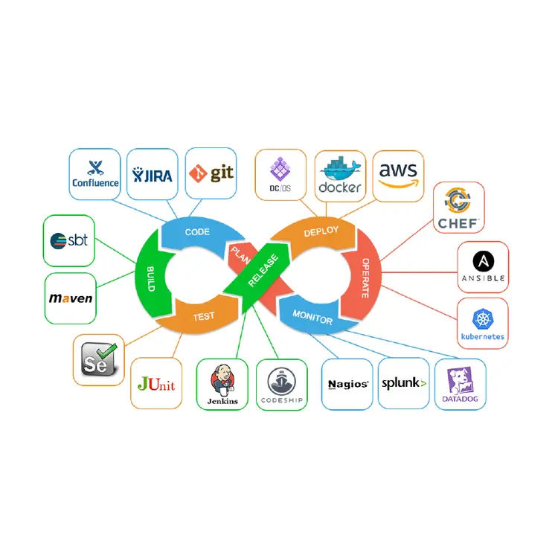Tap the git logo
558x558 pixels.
coord(211,173)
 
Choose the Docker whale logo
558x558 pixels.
coord(339,176)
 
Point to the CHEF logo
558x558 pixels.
coord(459,208)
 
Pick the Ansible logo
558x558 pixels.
coord(484,266)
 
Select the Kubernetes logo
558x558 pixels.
coord(482,324)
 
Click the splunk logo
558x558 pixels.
coord(404,384)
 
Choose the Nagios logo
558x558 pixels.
coord(347,384)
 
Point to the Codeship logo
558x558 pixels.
coord(281,385)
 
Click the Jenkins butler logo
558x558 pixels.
coord(222,385)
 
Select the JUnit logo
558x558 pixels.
coord(156,383)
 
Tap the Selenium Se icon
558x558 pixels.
coord(98,359)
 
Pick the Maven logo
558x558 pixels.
coord(70,298)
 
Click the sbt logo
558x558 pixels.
coord(69,240)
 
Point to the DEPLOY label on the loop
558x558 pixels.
coord(322,232)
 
